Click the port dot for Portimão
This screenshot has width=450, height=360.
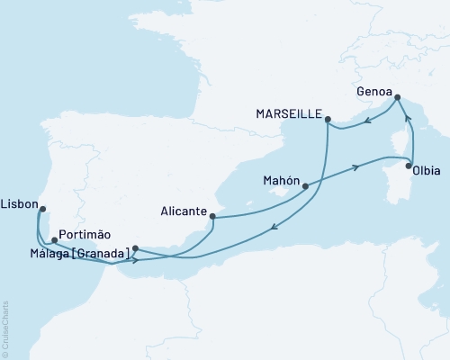coord(55,240)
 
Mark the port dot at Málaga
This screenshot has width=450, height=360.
coord(134,248)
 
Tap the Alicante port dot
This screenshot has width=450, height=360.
coord(212,215)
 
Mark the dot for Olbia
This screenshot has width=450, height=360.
coord(409,166)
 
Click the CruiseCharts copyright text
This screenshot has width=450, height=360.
coord(5,329)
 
